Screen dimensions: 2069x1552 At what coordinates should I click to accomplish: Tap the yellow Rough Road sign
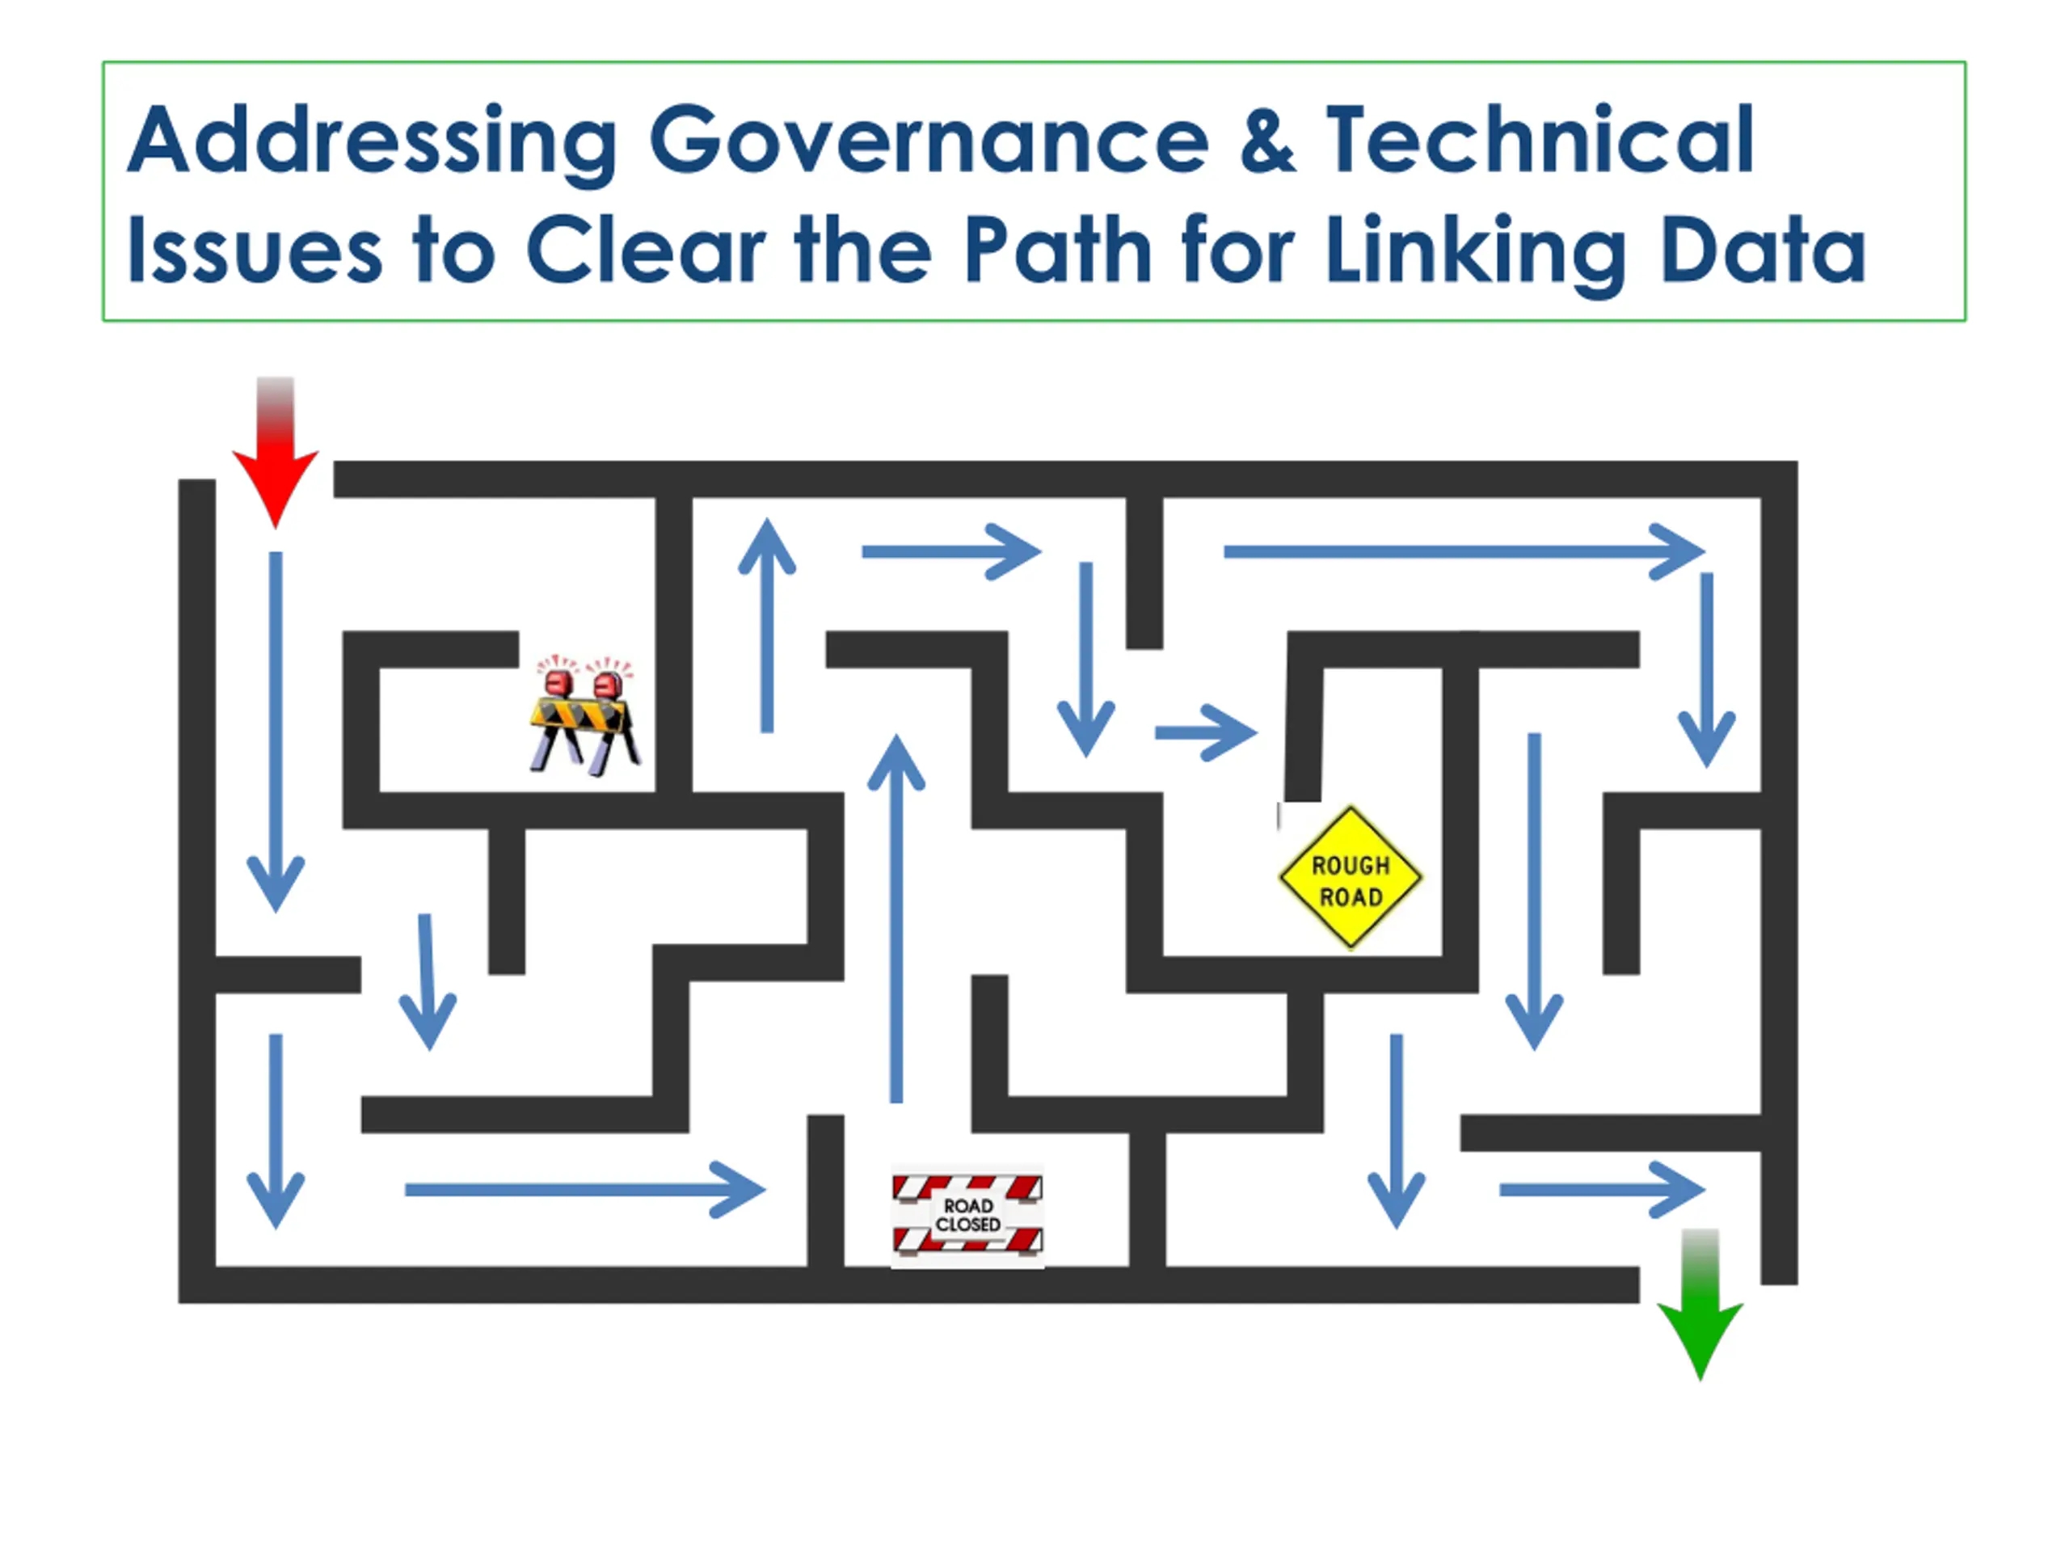pos(1350,878)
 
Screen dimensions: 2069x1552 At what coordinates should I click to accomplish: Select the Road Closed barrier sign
pos(967,1214)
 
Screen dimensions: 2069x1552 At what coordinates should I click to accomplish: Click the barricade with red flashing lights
pos(584,715)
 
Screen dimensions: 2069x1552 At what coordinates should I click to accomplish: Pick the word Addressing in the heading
pos(373,142)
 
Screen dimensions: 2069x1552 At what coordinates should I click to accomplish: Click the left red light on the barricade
pos(559,682)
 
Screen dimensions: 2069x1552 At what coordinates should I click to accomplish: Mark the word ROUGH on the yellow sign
pos(1351,866)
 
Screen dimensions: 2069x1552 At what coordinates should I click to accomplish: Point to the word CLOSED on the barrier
pos(968,1225)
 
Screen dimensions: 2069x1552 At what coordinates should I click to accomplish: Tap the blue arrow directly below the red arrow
pos(275,730)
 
